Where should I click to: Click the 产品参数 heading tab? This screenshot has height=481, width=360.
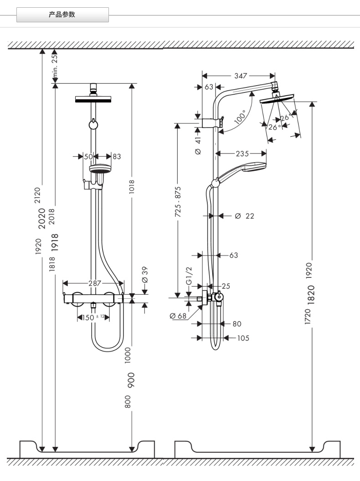click(x=62, y=15)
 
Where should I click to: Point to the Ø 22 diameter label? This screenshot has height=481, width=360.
click(x=244, y=216)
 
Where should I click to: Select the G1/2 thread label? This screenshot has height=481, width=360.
click(x=190, y=276)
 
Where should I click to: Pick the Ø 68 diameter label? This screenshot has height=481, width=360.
click(x=178, y=316)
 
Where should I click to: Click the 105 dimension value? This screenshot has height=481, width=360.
click(x=243, y=338)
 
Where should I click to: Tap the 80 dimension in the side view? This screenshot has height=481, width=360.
click(x=237, y=324)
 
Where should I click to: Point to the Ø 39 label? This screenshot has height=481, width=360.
click(x=145, y=274)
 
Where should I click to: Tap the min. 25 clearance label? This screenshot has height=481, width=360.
click(x=55, y=65)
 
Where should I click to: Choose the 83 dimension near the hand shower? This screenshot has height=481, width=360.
click(x=117, y=156)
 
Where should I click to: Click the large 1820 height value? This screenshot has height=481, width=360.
click(x=311, y=294)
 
